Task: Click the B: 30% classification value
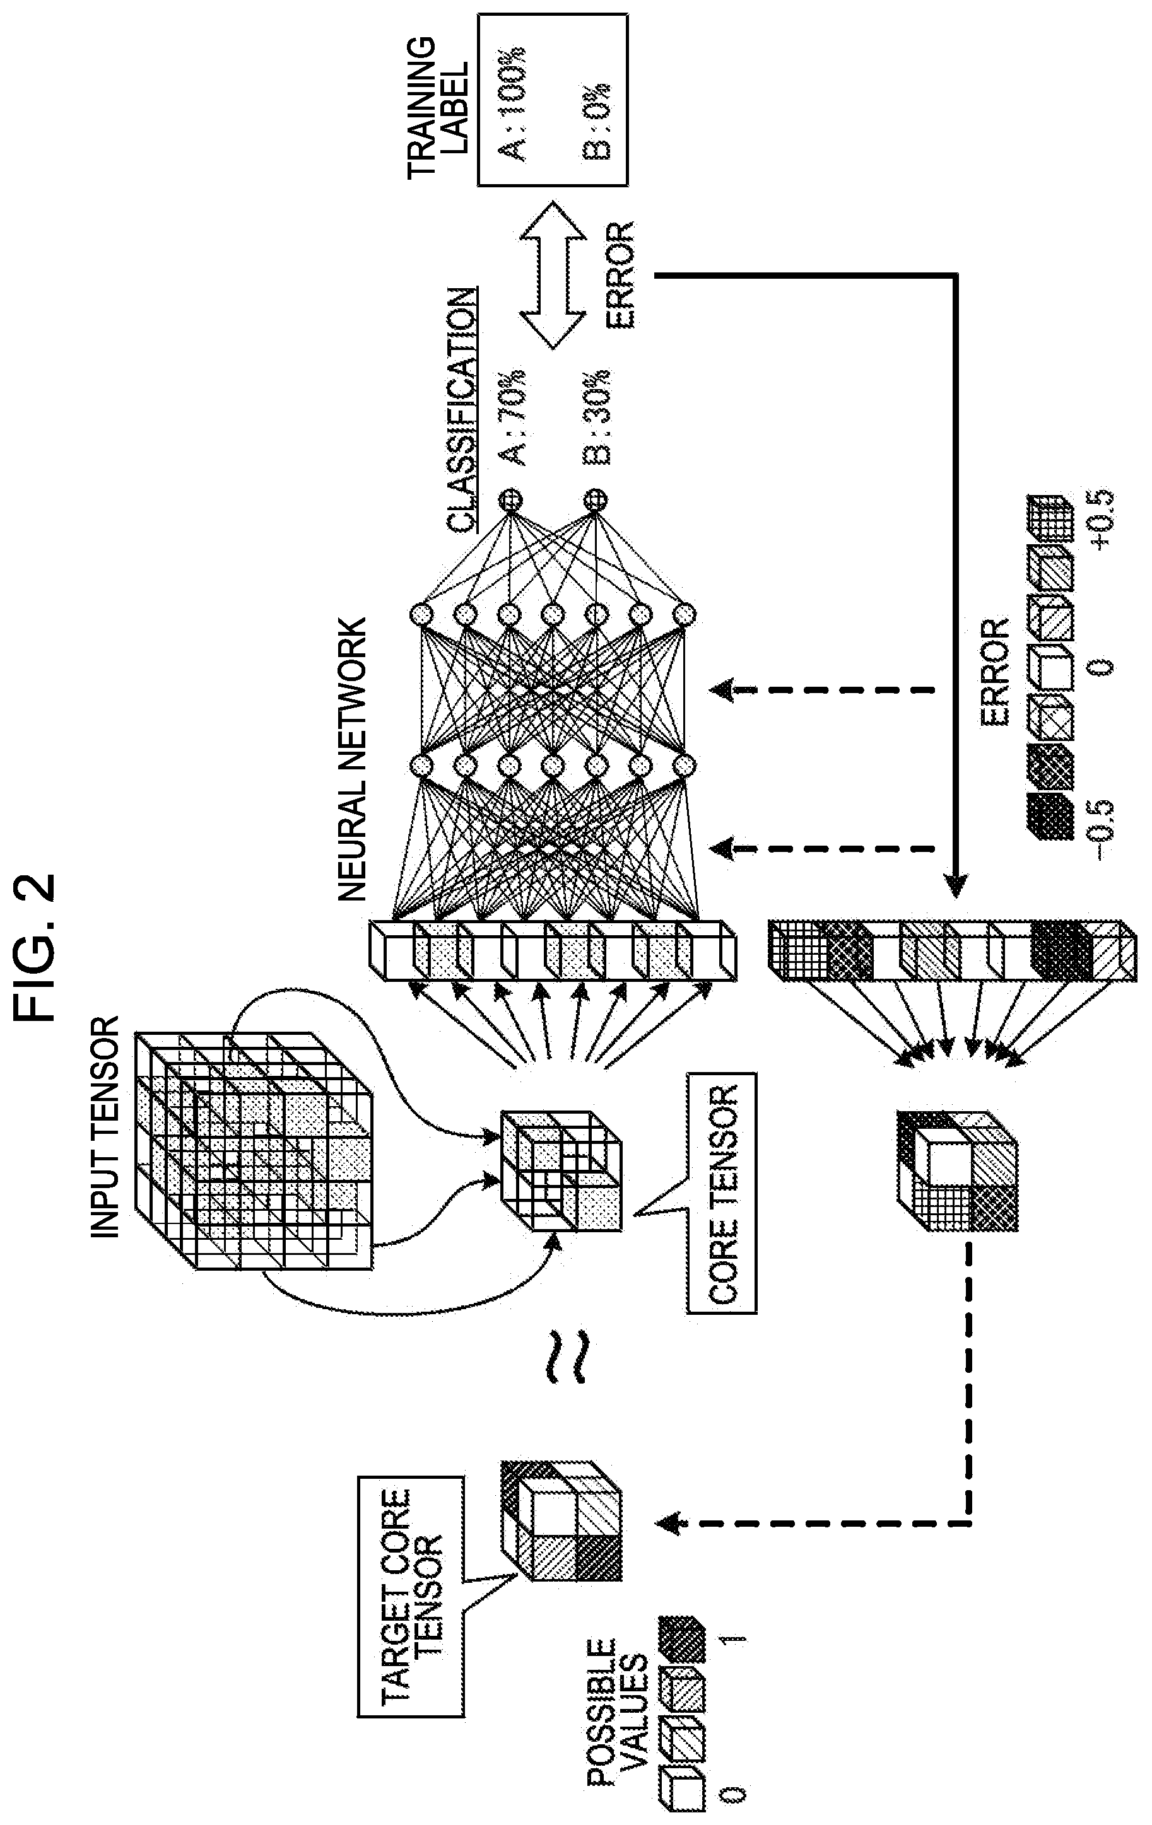(597, 416)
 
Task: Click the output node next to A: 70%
(511, 499)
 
